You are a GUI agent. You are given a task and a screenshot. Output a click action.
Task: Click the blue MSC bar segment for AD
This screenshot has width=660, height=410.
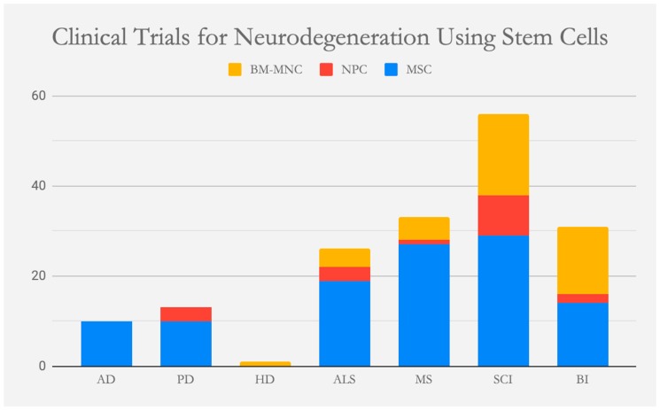[x=106, y=344]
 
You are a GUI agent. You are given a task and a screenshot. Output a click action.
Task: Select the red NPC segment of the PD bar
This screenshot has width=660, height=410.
[x=186, y=314]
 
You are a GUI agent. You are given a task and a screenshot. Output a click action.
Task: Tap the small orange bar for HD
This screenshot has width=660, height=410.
[x=265, y=363]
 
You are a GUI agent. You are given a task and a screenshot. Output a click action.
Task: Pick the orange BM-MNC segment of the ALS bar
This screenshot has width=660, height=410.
[x=345, y=258]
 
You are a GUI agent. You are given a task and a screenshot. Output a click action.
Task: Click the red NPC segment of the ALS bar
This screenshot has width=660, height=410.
[x=345, y=274]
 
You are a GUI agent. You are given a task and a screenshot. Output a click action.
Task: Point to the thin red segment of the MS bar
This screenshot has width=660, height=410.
[x=423, y=242]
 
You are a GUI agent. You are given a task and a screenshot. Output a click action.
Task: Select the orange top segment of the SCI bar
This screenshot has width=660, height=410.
[x=503, y=154]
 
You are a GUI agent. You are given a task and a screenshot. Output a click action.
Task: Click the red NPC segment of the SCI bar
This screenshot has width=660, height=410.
[x=503, y=215]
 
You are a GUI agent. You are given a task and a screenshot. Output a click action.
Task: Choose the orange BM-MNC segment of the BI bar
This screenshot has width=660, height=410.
[x=582, y=260]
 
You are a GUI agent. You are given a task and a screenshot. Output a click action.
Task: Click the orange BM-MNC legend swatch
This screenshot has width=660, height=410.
[x=236, y=69]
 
